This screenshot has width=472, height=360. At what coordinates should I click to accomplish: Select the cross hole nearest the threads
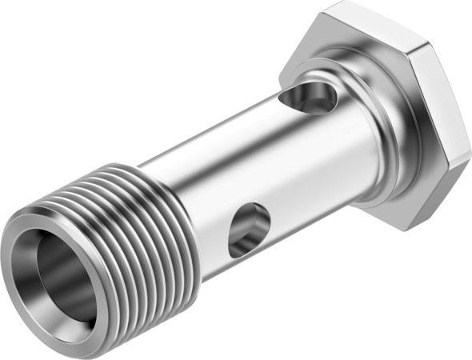pos(247,230)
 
